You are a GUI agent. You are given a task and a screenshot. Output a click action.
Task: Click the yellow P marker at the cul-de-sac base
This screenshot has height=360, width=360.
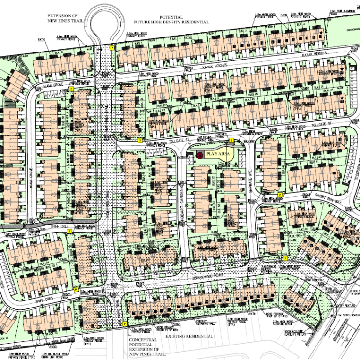(x=112, y=47)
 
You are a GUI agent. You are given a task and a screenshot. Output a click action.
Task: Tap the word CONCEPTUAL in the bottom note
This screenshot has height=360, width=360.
(x=143, y=341)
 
